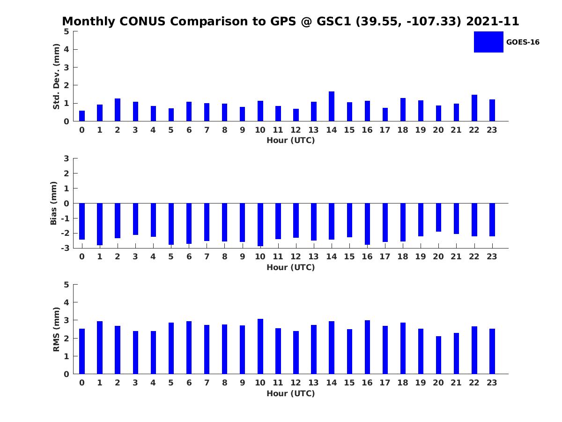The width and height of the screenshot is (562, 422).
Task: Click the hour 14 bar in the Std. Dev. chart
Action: click(x=331, y=106)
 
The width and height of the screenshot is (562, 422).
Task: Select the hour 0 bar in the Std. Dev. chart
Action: click(x=82, y=116)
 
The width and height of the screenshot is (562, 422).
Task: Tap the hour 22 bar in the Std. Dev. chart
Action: click(x=474, y=108)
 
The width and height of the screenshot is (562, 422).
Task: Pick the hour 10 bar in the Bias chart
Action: click(x=260, y=225)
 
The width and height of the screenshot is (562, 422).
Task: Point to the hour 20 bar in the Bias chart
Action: click(x=438, y=218)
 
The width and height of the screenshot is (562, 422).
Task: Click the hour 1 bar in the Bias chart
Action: click(x=100, y=224)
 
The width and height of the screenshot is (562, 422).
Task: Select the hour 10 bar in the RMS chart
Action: click(x=260, y=347)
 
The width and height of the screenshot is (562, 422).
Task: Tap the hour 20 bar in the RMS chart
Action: click(x=438, y=355)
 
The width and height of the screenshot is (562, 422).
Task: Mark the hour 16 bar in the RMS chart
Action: click(x=367, y=347)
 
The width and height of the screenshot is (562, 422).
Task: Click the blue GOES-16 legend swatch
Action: click(x=488, y=42)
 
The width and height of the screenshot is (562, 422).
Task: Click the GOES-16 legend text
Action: click(x=523, y=42)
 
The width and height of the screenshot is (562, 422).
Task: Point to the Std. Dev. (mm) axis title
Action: click(x=56, y=76)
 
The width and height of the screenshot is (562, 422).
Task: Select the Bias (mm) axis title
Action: click(x=53, y=203)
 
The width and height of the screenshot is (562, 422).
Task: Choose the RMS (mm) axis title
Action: click(x=56, y=329)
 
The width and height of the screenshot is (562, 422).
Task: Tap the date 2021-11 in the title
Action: click(x=493, y=21)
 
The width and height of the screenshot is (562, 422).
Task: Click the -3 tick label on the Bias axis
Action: click(x=65, y=248)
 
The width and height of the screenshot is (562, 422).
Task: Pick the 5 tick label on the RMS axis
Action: click(x=67, y=285)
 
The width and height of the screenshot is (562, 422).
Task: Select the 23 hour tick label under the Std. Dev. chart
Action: click(x=492, y=130)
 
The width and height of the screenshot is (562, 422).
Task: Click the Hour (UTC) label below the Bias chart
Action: click(x=291, y=267)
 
